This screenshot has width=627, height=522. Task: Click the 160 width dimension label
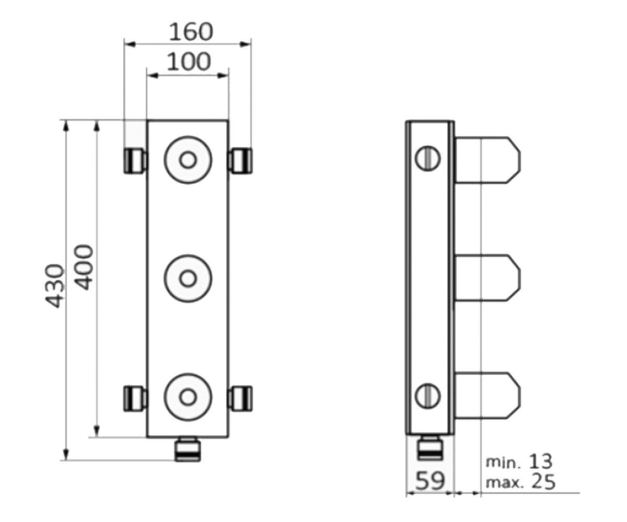[191, 32]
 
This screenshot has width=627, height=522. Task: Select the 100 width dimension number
[189, 62]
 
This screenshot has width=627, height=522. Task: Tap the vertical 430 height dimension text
[54, 286]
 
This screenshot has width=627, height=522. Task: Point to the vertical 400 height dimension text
[84, 268]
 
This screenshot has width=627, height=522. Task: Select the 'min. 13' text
[519, 461]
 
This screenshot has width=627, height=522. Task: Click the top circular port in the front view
[188, 160]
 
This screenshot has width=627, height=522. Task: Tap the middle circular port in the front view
[188, 279]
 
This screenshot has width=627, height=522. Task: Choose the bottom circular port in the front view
[188, 397]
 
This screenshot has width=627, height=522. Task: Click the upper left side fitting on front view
[135, 161]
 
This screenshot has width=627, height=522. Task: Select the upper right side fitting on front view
[240, 161]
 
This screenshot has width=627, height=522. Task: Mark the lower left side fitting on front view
[135, 398]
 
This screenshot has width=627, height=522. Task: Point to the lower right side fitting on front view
[240, 398]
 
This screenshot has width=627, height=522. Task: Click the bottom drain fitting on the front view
[188, 449]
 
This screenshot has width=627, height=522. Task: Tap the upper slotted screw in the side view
[428, 158]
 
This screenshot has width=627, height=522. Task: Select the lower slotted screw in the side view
[428, 396]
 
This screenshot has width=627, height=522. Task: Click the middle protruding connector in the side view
[487, 278]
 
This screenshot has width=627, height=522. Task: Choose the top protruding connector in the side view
[487, 160]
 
